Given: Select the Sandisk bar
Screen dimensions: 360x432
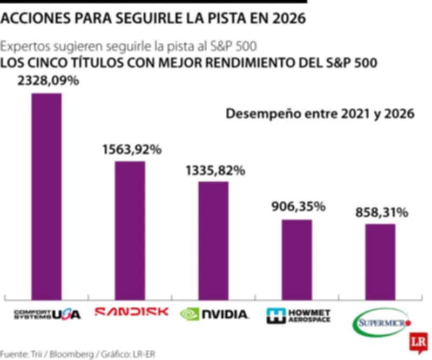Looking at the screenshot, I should point(130,230).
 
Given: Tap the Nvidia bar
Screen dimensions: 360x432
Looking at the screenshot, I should point(213,241).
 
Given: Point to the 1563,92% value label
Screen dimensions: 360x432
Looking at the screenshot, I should point(132,150).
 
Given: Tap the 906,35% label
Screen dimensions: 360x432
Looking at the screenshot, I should point(298,206).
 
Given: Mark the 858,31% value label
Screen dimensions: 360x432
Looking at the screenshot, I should point(381,212).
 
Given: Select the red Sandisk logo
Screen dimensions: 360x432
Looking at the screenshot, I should point(131,312).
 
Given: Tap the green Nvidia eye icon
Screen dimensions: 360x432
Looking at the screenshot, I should point(190,314).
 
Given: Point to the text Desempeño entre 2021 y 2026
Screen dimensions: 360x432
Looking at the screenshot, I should point(320,114).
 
